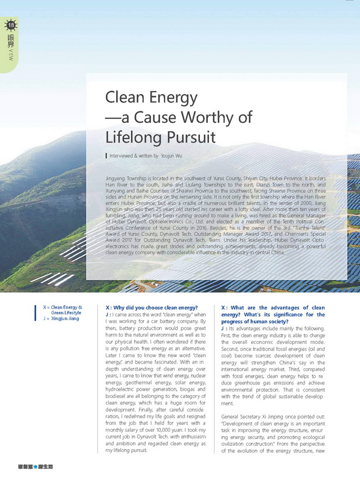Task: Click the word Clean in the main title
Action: [127, 98]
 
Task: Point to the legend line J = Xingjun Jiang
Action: [61, 319]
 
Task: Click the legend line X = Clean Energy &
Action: [62, 307]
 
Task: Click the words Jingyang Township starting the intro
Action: [130, 177]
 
